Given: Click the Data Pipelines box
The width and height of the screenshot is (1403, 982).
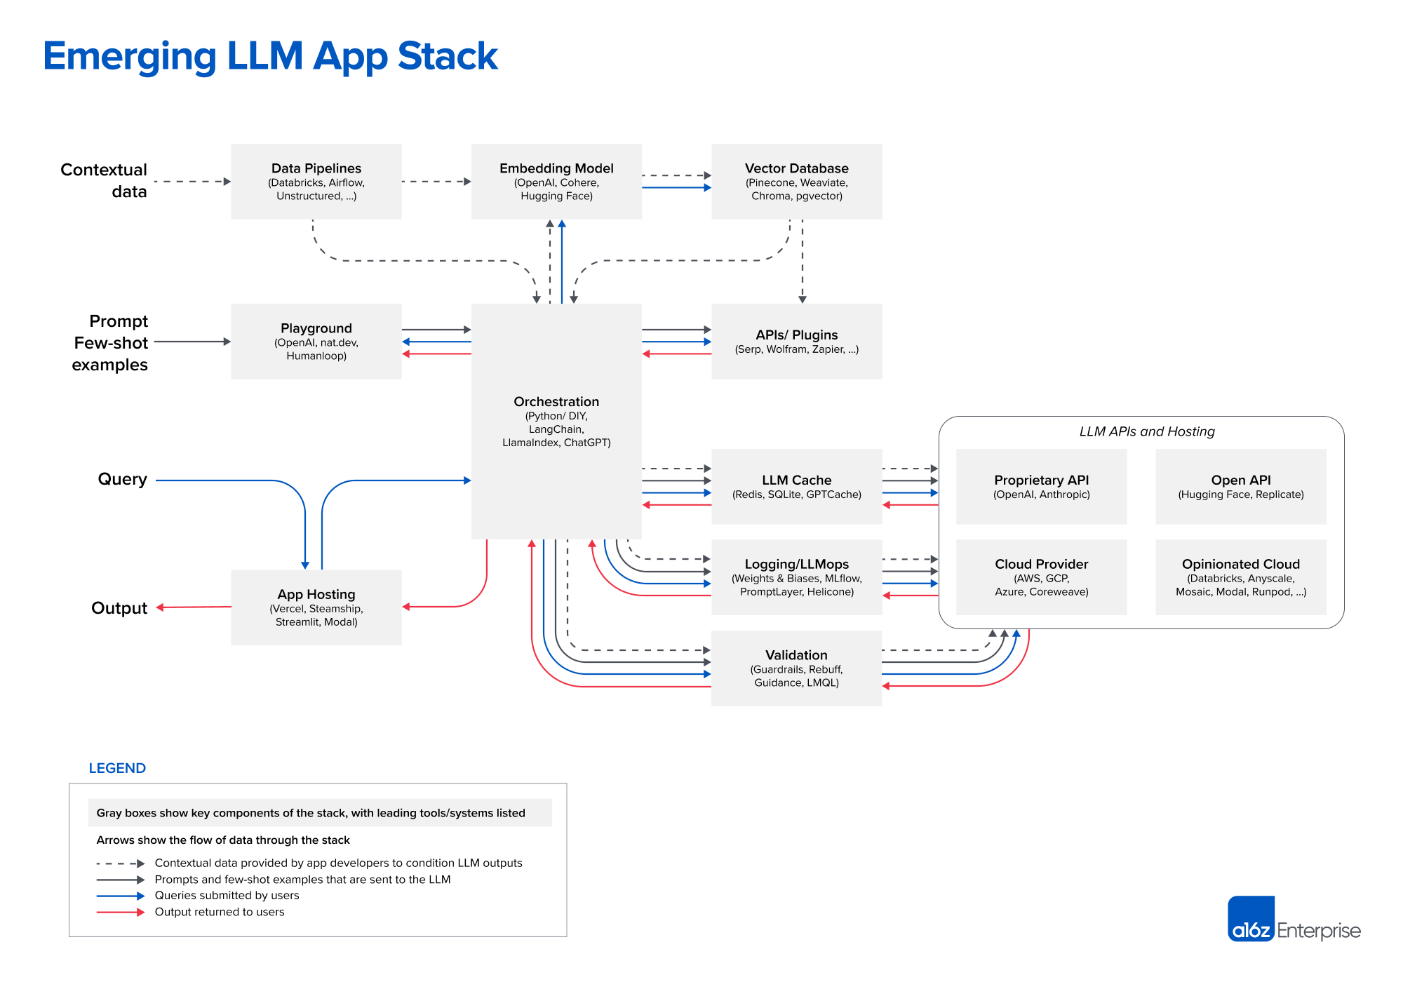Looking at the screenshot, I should tap(316, 182).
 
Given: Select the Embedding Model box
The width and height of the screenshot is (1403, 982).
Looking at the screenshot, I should tap(556, 182).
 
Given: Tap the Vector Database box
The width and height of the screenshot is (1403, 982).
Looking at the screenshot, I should tap(796, 182).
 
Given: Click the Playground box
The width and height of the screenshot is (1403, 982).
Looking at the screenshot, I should tap(316, 342).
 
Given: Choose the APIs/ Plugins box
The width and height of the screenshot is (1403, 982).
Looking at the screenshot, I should tap(796, 342).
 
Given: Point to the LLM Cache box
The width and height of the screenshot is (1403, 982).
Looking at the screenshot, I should tap(796, 487).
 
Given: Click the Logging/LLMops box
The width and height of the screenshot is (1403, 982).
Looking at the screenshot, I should tap(796, 577).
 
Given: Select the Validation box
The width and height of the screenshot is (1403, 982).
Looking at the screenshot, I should tap(796, 668).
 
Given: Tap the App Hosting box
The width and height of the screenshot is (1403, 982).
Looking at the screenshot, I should tap(316, 607).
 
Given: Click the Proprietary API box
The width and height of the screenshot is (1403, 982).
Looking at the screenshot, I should tap(1041, 487).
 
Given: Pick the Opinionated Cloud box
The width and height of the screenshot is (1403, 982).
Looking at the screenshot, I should tap(1240, 577).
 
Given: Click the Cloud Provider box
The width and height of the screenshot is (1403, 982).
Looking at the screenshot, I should tap(1041, 577).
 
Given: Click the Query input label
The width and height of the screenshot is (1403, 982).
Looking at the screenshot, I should tap(122, 479).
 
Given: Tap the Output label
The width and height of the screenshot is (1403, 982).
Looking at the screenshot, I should tap(119, 608).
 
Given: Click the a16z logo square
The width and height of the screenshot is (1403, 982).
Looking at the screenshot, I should tap(1251, 918).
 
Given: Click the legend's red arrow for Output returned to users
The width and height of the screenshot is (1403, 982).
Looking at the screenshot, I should tap(120, 913).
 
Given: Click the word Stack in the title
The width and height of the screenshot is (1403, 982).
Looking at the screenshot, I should tap(448, 56).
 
